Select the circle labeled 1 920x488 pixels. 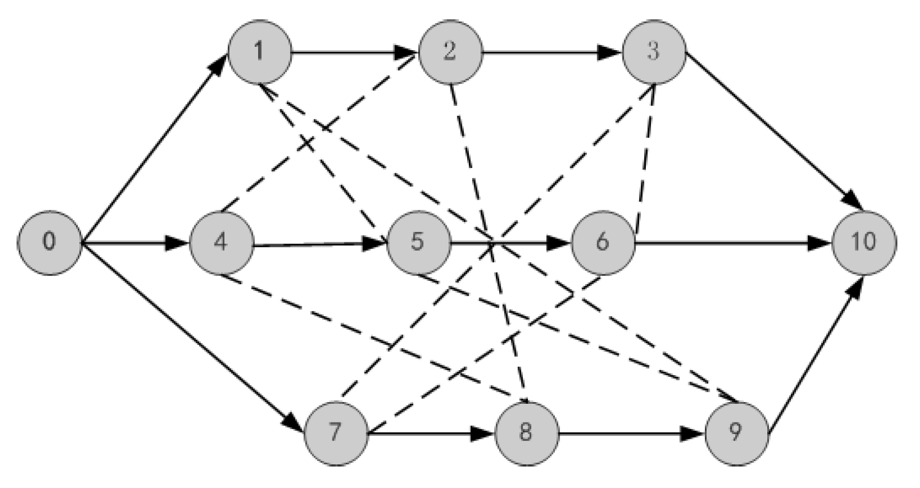click(x=259, y=53)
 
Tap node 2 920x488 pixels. click(x=450, y=53)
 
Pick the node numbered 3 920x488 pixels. click(x=654, y=53)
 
